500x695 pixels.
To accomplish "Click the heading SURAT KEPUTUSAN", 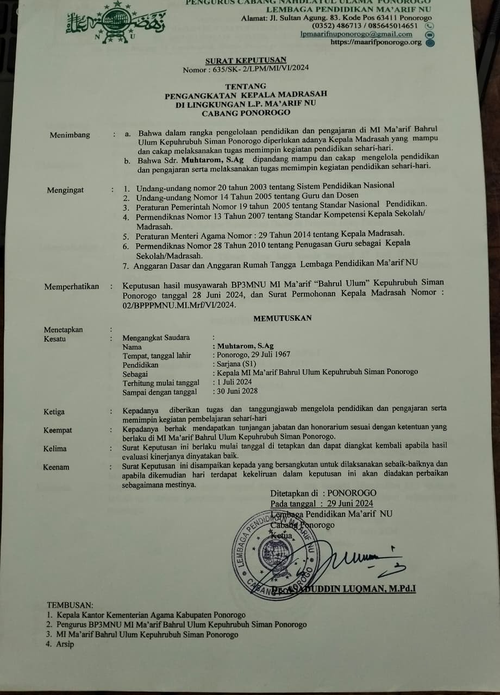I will pyautogui.click(x=246, y=60).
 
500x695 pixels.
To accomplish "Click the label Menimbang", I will pyautogui.click(x=70, y=135).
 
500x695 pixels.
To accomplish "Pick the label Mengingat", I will pyautogui.click(x=65, y=190).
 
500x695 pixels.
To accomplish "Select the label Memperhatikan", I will pyautogui.click(x=72, y=286).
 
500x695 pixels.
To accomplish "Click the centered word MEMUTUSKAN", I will pyautogui.click(x=283, y=318).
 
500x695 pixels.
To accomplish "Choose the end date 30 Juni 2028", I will pyautogui.click(x=237, y=391).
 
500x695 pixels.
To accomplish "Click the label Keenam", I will pyautogui.click(x=57, y=467).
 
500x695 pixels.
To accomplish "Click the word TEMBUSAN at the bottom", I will pyautogui.click(x=70, y=604).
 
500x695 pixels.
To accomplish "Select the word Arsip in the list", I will pyautogui.click(x=65, y=644).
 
